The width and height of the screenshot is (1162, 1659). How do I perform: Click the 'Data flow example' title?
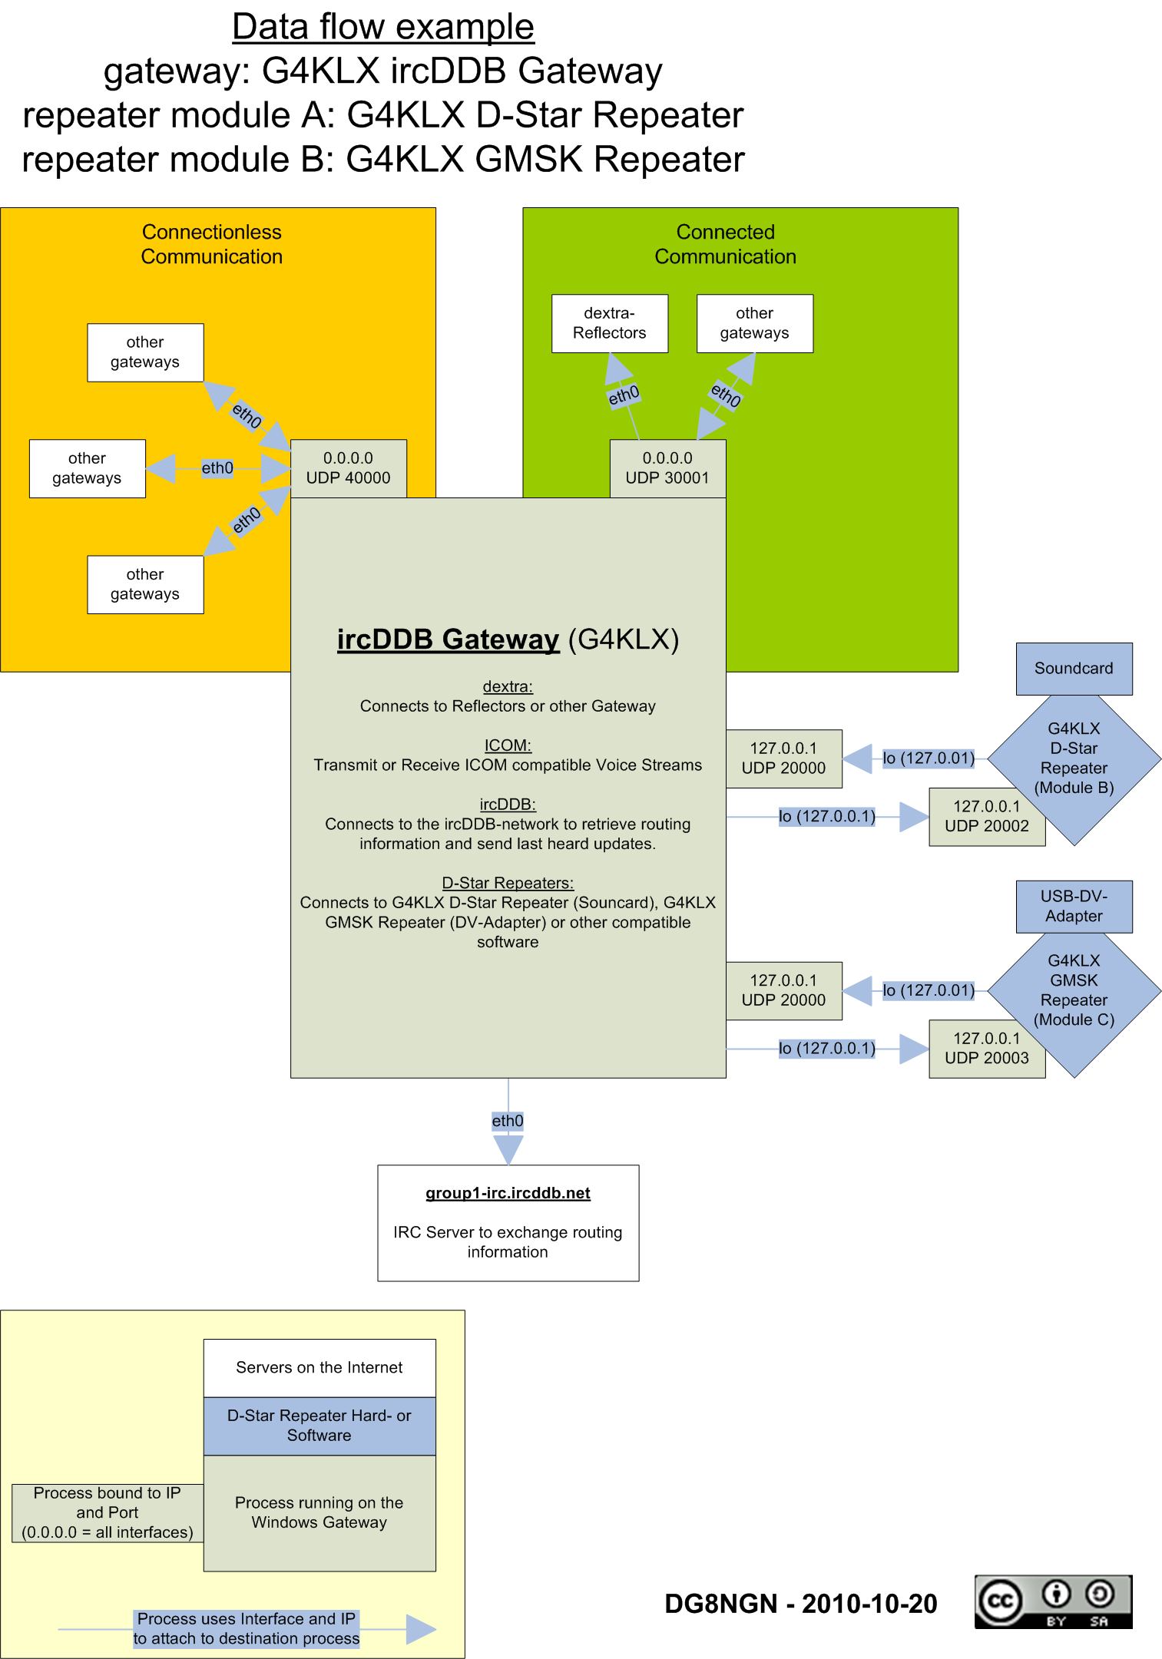382,27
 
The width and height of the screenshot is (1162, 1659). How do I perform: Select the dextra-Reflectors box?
609,323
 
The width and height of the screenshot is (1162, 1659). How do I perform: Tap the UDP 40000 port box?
348,468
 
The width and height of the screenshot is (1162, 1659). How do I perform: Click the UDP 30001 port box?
667,468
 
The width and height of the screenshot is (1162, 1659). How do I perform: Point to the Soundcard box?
1073,669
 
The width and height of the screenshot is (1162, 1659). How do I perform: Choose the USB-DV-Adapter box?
1073,906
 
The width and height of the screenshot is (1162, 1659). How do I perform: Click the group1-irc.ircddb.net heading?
508,1193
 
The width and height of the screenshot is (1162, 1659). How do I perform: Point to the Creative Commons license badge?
1053,1601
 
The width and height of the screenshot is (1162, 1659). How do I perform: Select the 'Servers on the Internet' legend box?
319,1368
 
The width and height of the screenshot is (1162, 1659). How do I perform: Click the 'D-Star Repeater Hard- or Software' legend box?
319,1426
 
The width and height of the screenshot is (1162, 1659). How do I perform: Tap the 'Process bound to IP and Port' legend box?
108,1512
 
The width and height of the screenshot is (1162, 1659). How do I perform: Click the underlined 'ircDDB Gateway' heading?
448,639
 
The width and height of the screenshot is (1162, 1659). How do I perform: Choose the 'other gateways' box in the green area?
754,323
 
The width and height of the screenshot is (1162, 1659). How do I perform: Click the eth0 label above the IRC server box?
508,1121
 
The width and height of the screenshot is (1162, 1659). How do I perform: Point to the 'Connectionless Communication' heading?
212,244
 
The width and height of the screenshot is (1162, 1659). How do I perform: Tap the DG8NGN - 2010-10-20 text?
800,1604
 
